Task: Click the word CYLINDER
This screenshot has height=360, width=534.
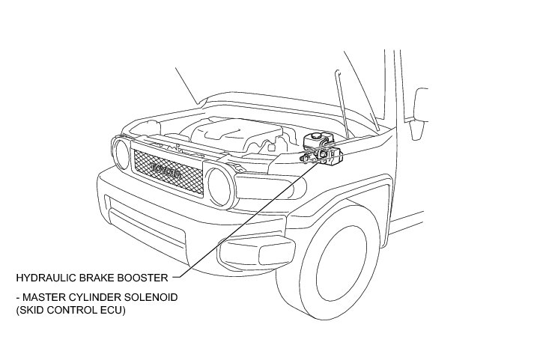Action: pos(90,297)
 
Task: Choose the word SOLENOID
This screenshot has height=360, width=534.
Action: pos(150,297)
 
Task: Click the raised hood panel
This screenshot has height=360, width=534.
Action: pos(277,105)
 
